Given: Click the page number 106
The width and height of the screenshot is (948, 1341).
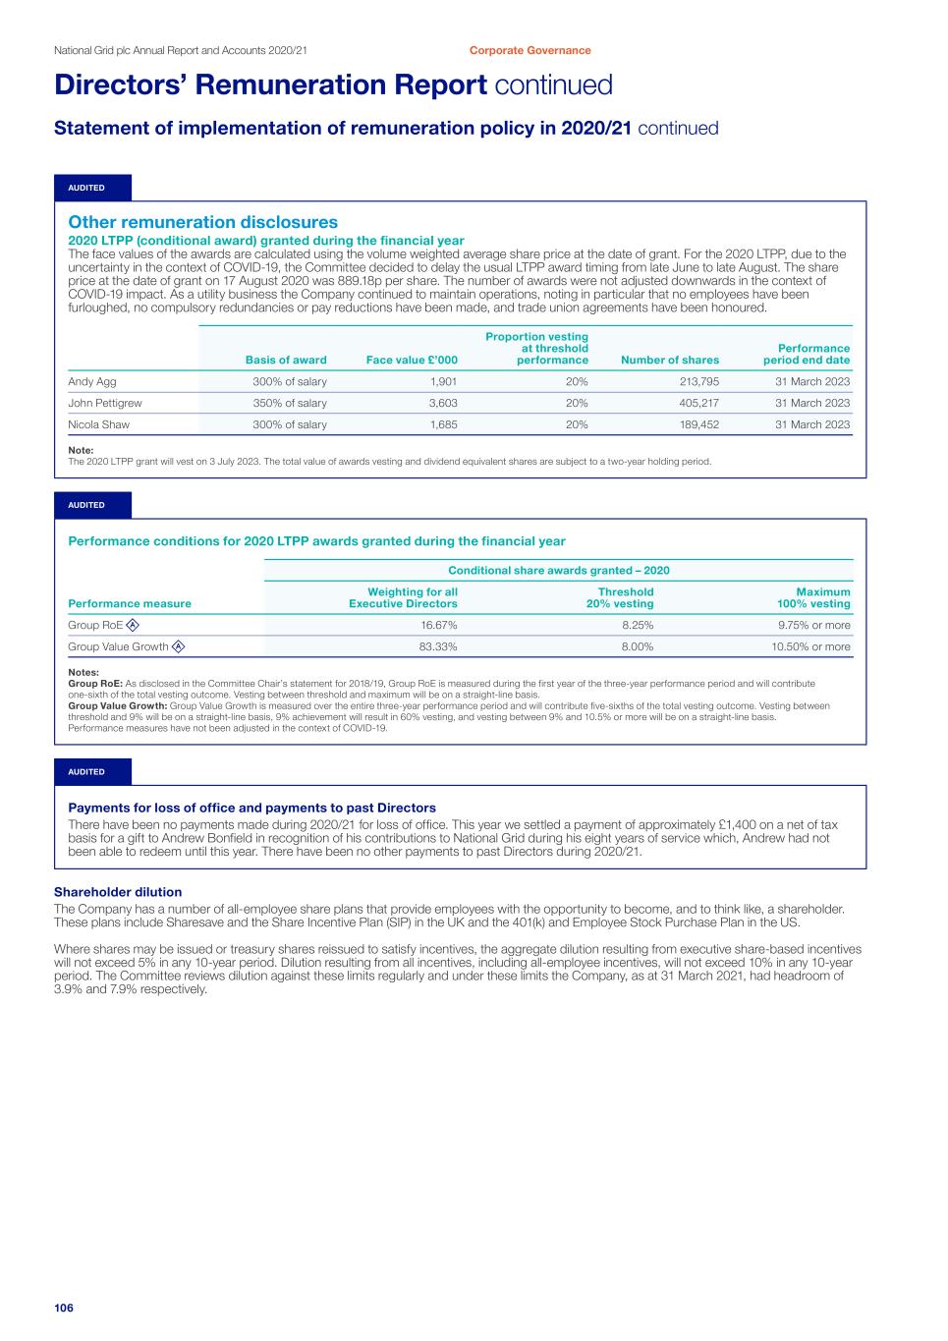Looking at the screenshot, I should point(64,1308).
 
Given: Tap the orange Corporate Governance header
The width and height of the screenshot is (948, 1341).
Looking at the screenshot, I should point(530,50).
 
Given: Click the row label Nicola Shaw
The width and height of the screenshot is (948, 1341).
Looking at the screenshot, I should point(98,424).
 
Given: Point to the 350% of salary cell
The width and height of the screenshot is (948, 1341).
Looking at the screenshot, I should point(290,403).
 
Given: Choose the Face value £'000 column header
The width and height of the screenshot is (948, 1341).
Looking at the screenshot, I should point(412,361).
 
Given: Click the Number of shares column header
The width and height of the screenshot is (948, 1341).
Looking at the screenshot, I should point(670,361).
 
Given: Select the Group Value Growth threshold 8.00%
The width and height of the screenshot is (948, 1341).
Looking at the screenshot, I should point(635,646).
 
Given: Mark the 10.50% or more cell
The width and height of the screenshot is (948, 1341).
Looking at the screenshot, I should point(811,646).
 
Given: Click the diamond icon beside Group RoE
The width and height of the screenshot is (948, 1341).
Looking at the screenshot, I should point(133,625).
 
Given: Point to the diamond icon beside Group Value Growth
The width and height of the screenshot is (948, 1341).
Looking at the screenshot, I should point(178,646).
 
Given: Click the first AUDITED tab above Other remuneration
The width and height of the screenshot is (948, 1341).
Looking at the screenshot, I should point(86,188).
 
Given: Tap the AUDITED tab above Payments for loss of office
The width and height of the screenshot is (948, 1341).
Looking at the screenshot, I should point(86,772).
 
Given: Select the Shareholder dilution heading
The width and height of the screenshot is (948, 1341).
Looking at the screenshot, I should point(118,892).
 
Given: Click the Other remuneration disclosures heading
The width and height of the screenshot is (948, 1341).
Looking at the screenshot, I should point(202,222).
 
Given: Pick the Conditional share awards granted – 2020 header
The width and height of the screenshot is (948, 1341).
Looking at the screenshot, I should point(559,570).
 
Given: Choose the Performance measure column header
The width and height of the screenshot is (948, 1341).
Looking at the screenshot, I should point(130,604).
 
